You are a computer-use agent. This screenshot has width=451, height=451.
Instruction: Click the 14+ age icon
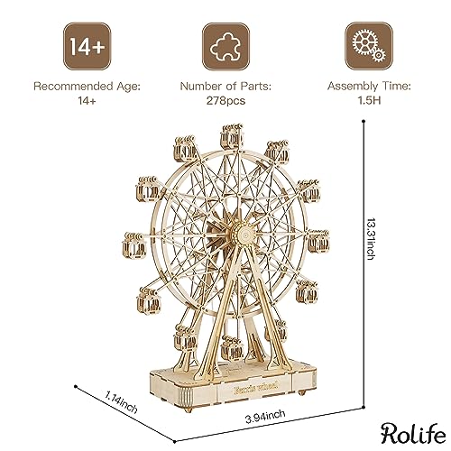86,42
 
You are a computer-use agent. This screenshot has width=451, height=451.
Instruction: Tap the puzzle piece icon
225,42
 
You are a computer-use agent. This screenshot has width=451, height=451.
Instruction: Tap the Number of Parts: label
225,87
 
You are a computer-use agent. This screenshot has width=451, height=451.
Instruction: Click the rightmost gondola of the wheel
318,241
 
